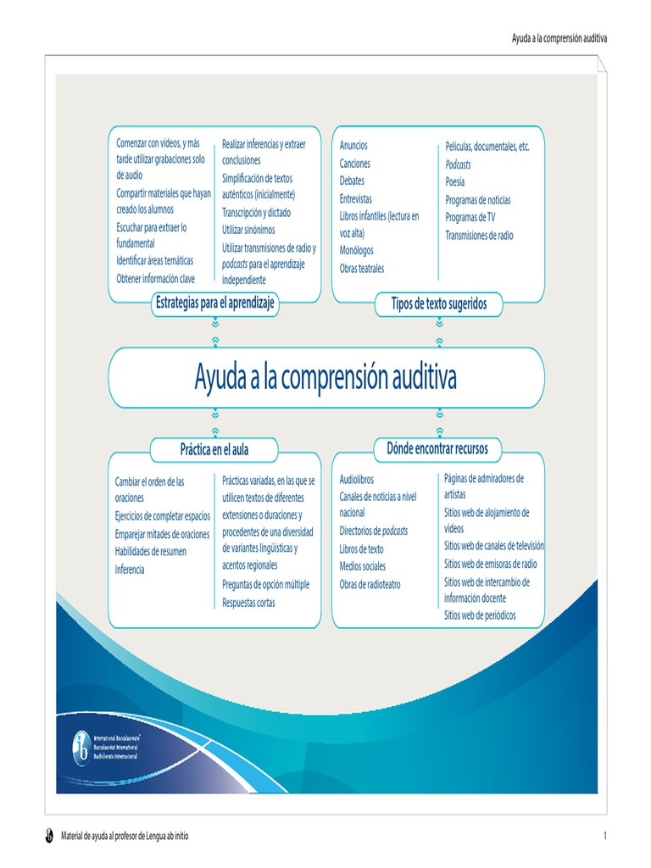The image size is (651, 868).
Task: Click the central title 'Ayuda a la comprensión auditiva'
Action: pyautogui.click(x=325, y=377)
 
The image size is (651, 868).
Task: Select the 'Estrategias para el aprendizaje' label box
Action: pyautogui.click(x=214, y=303)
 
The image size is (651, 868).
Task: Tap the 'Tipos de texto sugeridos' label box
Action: pyautogui.click(x=438, y=303)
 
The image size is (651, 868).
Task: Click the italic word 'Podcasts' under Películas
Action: pyautogui.click(x=458, y=164)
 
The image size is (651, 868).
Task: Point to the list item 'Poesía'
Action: pyautogui.click(x=455, y=181)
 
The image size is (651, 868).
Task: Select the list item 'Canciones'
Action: pyautogui.click(x=354, y=164)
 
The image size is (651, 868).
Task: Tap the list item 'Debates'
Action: pyautogui.click(x=352, y=181)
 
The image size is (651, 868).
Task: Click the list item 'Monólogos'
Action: pyautogui.click(x=356, y=251)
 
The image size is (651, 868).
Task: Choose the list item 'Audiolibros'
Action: pyautogui.click(x=356, y=480)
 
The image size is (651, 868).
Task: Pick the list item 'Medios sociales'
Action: pyautogui.click(x=362, y=566)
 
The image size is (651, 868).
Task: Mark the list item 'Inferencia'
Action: pyautogui.click(x=130, y=570)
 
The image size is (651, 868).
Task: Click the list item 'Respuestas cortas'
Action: pyautogui.click(x=248, y=603)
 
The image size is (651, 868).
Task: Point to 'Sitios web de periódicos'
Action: pyautogui.click(x=480, y=615)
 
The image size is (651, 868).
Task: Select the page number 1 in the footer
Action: pyautogui.click(x=605, y=837)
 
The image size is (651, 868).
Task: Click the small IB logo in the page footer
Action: pyautogui.click(x=49, y=837)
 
